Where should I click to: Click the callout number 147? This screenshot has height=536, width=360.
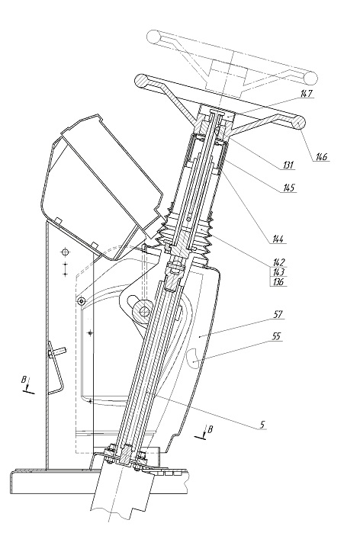(x=307, y=93)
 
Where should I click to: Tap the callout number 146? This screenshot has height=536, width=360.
(x=321, y=156)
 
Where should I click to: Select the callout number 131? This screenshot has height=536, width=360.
(x=288, y=165)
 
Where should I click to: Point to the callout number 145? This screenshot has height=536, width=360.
(x=289, y=188)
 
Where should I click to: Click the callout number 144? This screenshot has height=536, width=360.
(x=278, y=239)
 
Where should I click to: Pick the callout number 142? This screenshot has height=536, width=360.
(x=278, y=262)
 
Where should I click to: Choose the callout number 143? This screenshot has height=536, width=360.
(x=278, y=272)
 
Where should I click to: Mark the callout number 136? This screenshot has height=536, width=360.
(x=278, y=281)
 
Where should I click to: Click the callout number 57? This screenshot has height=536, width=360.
(x=278, y=314)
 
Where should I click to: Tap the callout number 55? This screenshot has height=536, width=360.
(x=276, y=336)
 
